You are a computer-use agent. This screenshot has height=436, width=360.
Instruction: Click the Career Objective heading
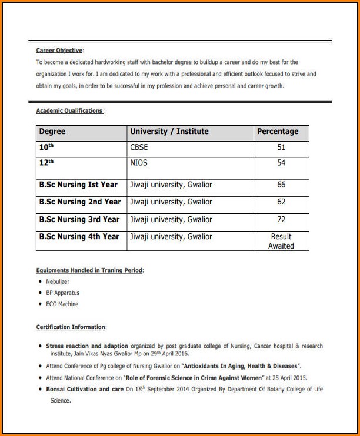click(59, 51)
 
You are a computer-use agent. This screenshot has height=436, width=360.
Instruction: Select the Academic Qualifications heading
click(69, 110)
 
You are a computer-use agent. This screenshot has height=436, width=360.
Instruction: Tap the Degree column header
click(52, 132)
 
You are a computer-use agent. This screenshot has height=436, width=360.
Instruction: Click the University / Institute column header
click(169, 132)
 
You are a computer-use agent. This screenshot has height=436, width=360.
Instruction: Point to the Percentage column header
click(278, 132)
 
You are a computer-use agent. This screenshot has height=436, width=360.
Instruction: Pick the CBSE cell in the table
click(139, 147)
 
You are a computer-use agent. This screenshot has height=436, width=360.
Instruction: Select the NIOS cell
click(139, 163)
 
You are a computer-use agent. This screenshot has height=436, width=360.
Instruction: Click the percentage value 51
click(281, 147)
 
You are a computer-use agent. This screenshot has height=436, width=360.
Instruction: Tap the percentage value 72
click(281, 219)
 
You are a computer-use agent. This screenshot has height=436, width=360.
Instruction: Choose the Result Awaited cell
click(281, 241)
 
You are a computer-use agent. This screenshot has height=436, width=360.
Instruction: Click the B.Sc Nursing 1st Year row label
click(78, 185)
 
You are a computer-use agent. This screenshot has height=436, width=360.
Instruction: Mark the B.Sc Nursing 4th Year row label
click(79, 237)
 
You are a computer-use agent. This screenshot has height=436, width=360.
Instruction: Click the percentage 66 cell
click(281, 185)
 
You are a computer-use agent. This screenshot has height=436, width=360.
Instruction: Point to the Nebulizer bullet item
click(58, 281)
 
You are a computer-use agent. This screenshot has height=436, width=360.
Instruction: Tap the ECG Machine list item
click(62, 304)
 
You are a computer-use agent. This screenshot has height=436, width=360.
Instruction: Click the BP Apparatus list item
click(62, 293)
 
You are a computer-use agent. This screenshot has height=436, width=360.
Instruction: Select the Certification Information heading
click(71, 327)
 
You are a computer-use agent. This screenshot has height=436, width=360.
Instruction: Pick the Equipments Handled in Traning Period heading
click(89, 270)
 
